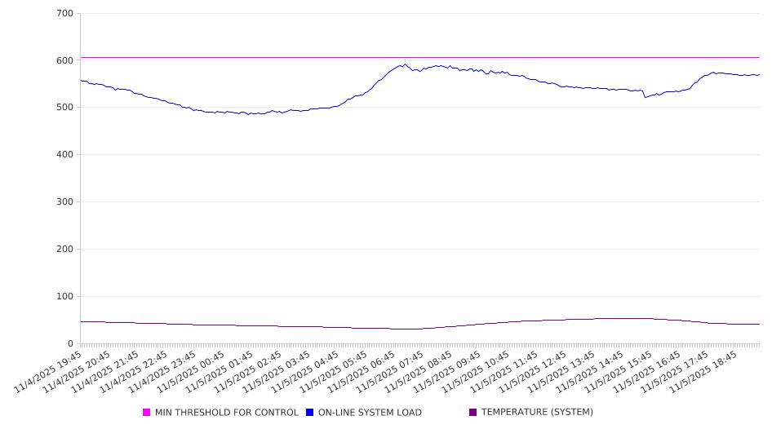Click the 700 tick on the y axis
coord(64,14)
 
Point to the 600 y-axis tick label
coord(64,60)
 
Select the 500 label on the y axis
coord(64,108)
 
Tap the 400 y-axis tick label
coord(64,155)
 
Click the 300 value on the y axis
coord(64,202)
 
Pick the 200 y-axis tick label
coord(64,250)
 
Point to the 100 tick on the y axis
coord(64,297)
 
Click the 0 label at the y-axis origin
coord(70,344)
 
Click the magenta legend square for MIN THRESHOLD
coord(147,413)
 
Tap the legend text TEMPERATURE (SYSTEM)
coord(537,413)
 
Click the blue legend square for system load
coord(310,413)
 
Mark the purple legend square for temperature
coord(473,413)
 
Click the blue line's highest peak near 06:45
coord(405,64)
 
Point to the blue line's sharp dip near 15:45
coord(645,97)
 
